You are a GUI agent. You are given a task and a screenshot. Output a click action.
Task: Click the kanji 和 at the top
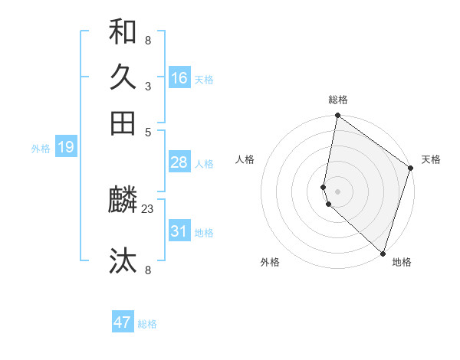(x=123, y=32)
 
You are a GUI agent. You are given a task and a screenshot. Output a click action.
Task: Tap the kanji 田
(x=123, y=123)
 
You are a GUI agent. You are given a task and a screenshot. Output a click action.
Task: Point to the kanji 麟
(x=123, y=201)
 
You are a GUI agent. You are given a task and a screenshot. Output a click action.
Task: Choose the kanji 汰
(x=123, y=261)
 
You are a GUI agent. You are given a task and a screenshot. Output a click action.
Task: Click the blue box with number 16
(x=179, y=78)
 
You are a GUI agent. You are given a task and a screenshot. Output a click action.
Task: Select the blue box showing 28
(x=179, y=162)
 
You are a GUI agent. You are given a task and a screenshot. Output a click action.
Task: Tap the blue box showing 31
(x=179, y=231)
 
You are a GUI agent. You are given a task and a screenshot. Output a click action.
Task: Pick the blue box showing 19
(x=66, y=148)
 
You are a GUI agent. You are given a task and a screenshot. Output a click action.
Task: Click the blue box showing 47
(x=123, y=322)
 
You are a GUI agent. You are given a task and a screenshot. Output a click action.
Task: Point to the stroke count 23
(x=148, y=208)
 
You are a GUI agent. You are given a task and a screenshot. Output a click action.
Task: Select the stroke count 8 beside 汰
(x=147, y=270)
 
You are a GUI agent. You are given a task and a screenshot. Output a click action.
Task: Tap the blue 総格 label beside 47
(x=147, y=324)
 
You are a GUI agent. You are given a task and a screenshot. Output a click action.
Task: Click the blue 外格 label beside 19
(x=41, y=149)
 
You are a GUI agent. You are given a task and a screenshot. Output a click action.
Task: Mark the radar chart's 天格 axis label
(x=431, y=159)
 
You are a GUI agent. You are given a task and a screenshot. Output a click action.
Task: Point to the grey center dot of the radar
(x=338, y=191)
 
